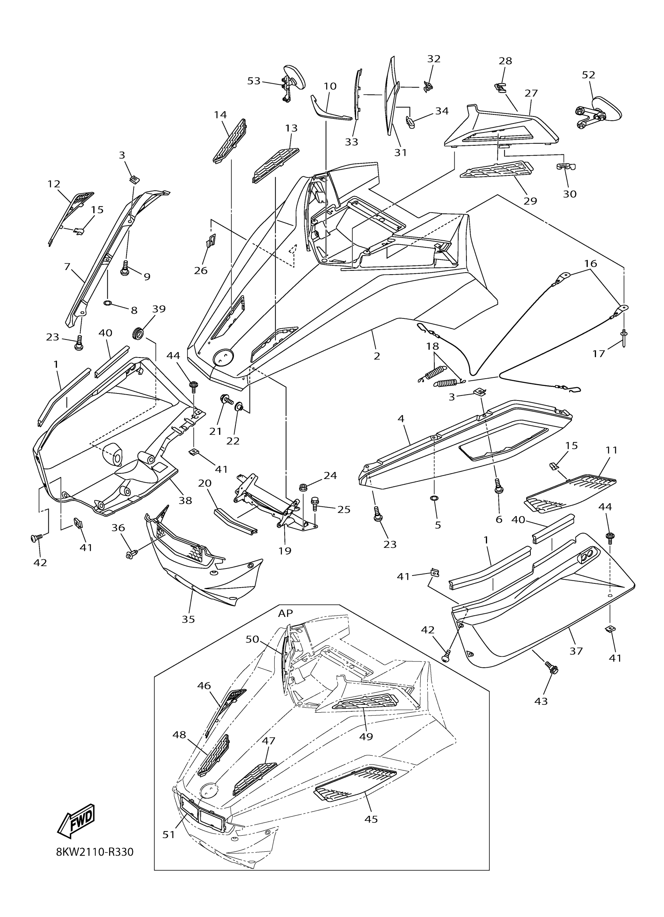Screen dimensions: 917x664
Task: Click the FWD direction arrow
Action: (x=77, y=821)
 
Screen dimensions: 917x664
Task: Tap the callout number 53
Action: (x=254, y=81)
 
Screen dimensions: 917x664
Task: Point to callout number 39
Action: (x=159, y=309)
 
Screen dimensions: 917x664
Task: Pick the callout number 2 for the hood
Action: (x=377, y=356)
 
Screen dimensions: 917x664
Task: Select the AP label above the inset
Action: (x=285, y=613)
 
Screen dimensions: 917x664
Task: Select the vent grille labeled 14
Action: (x=230, y=141)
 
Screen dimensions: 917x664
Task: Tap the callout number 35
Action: (x=188, y=619)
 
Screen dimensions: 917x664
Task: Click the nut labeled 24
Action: (x=302, y=486)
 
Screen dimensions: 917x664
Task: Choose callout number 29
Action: (x=530, y=200)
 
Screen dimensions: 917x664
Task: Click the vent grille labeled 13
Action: (x=276, y=166)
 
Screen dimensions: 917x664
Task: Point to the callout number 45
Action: (x=371, y=819)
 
